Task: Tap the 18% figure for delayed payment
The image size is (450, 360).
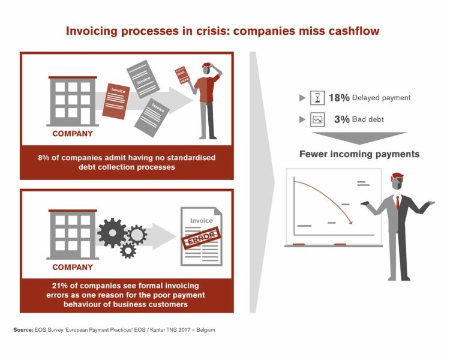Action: click(x=339, y=98)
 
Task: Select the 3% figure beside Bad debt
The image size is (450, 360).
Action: click(x=342, y=119)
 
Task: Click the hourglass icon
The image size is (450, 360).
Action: click(x=317, y=98)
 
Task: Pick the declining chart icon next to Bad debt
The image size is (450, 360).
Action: click(x=317, y=119)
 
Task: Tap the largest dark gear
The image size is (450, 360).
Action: click(x=112, y=233)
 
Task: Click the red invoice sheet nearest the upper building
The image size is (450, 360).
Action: click(x=116, y=101)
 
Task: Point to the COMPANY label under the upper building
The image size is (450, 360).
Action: click(x=73, y=133)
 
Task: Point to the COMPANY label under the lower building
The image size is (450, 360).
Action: click(x=73, y=267)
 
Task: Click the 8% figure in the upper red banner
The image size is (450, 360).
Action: click(x=44, y=158)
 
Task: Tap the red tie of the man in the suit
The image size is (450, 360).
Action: click(x=397, y=202)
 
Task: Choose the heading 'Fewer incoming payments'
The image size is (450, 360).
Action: click(x=359, y=154)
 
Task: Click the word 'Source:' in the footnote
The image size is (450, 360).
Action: click(x=23, y=330)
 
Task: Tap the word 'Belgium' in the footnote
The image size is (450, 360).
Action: click(x=205, y=330)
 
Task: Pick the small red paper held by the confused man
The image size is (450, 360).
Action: click(x=181, y=75)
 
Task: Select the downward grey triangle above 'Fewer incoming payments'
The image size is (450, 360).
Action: click(x=359, y=137)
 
